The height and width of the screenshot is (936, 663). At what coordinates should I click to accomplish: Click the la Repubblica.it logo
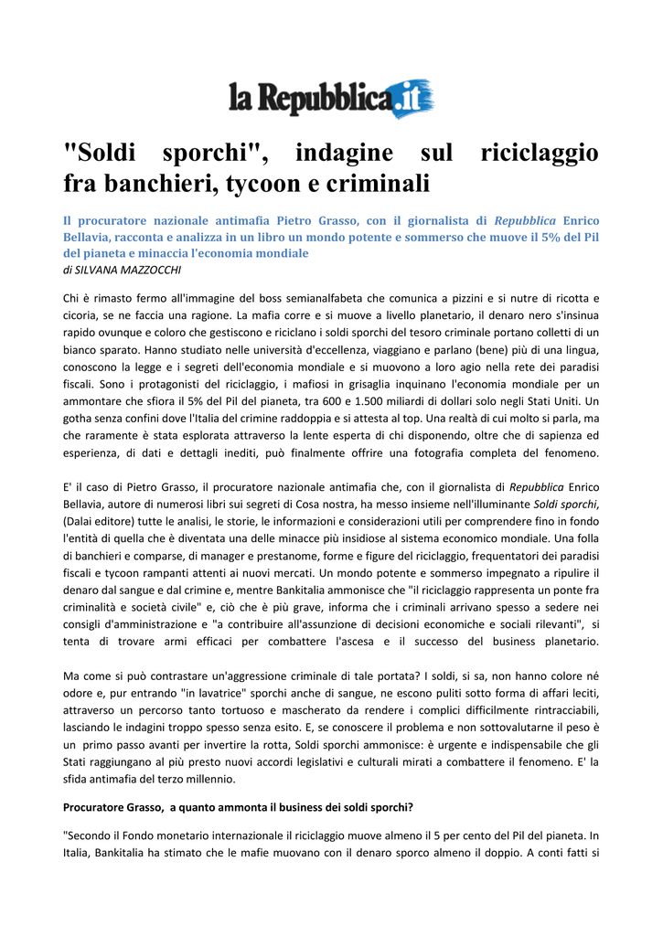[x=331, y=99]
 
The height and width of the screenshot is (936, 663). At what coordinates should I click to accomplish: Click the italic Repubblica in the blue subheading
[x=525, y=220]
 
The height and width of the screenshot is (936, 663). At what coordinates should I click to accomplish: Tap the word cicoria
[x=81, y=314]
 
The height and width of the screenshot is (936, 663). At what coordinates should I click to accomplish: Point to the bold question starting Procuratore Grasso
[x=238, y=807]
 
